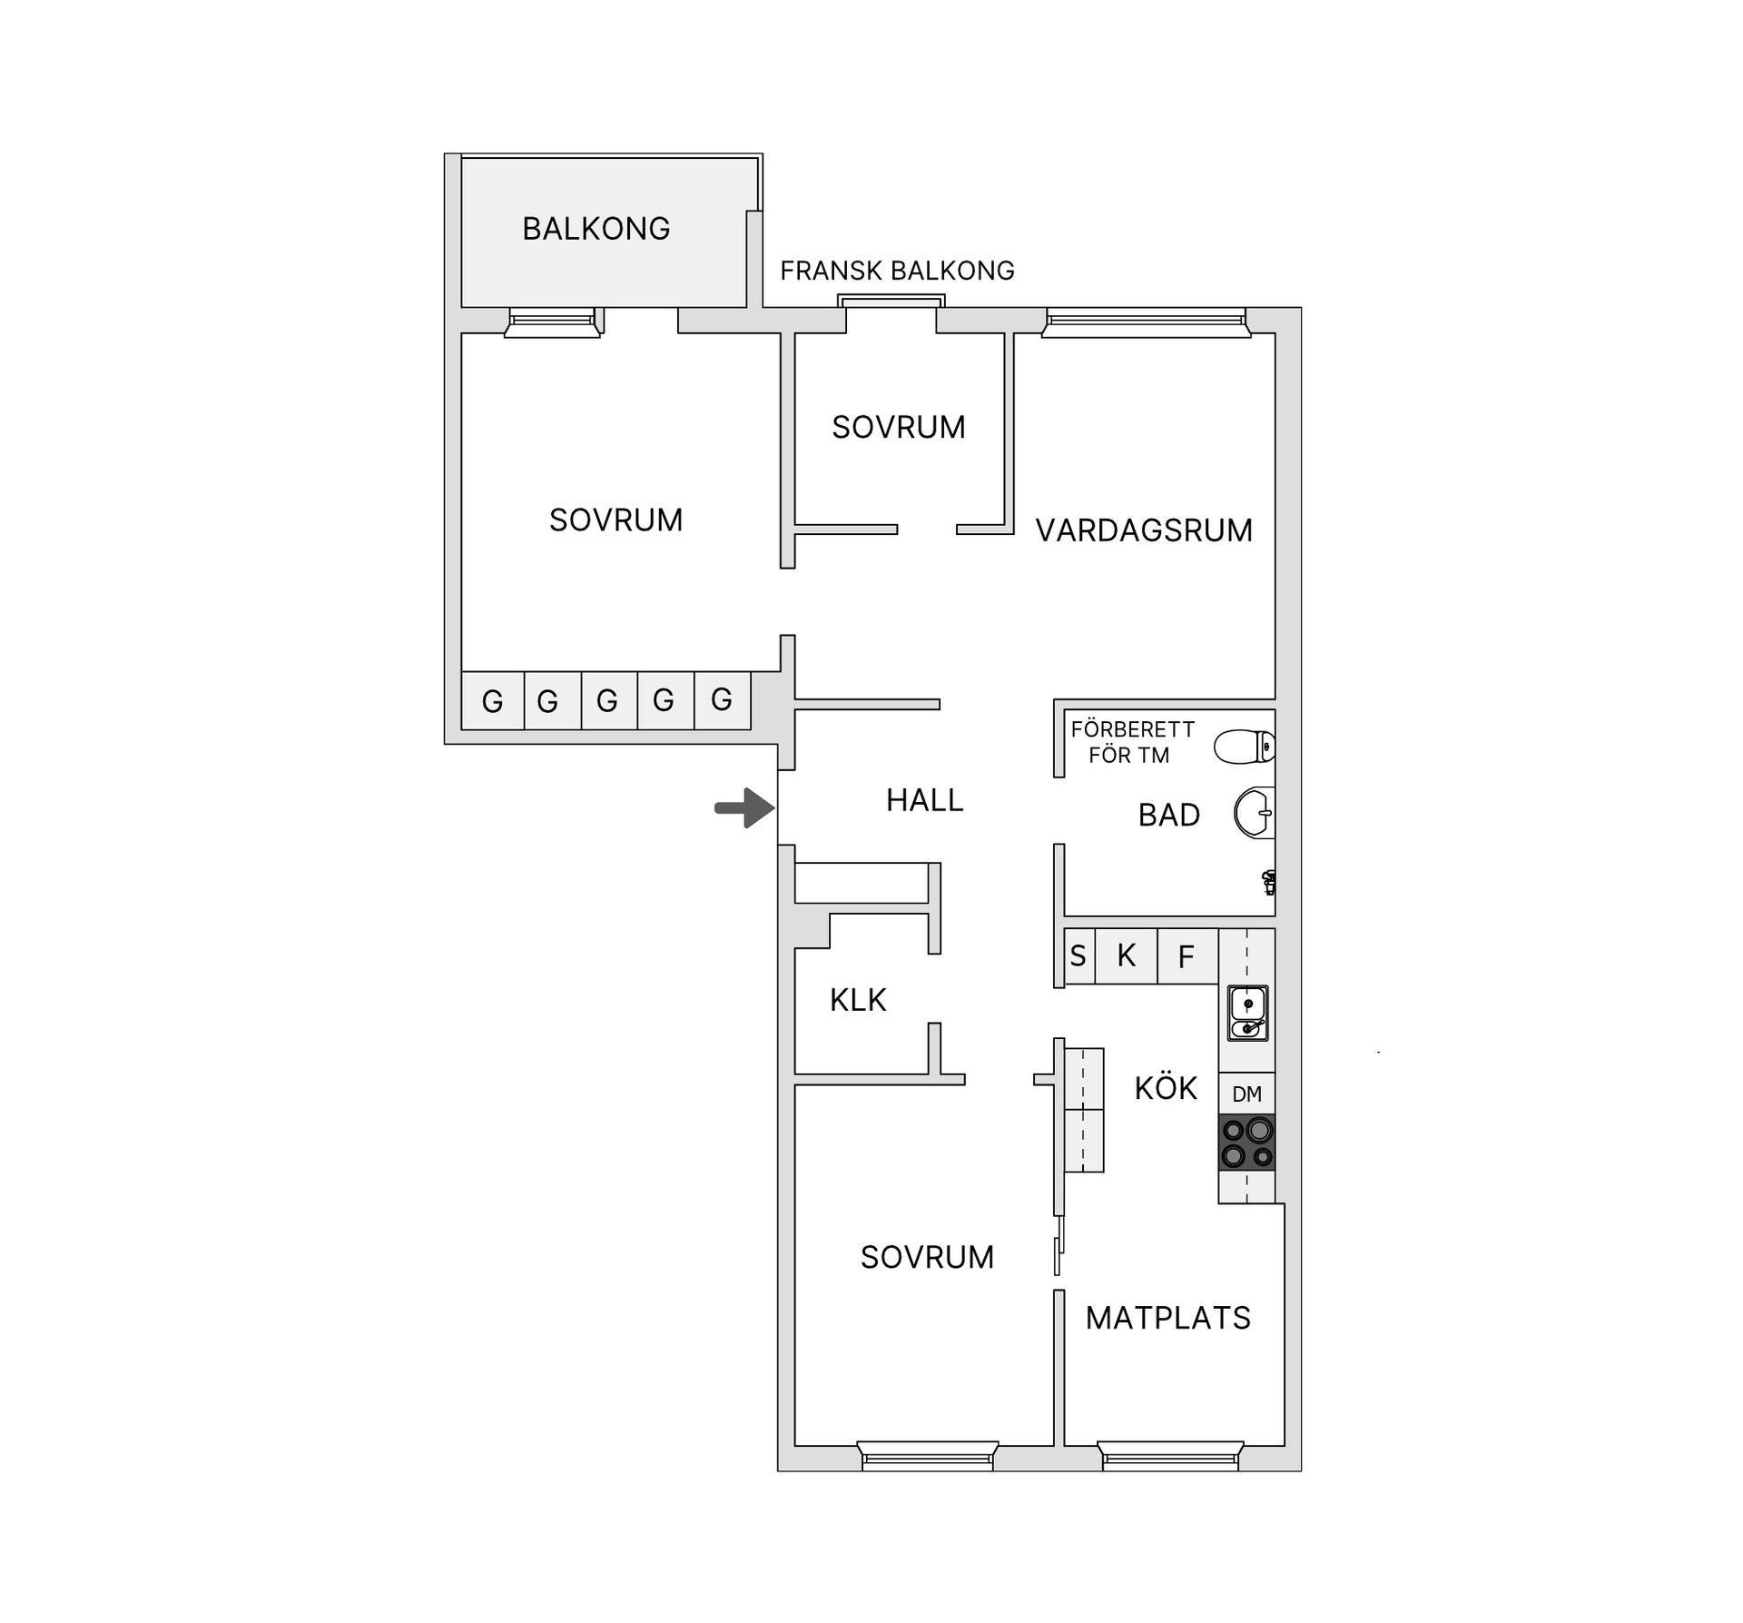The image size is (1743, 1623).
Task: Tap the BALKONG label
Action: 596,229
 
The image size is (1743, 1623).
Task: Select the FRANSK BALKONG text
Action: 897,271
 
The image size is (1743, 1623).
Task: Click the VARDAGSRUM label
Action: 1144,530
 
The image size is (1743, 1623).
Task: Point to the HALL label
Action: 924,800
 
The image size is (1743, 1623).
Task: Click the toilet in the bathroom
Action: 1245,747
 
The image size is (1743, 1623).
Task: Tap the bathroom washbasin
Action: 1255,812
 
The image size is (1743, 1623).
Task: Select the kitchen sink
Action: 1247,1013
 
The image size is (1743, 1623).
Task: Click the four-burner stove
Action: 1246,1142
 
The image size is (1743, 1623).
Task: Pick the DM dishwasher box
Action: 1246,1094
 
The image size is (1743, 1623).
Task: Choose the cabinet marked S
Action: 1078,955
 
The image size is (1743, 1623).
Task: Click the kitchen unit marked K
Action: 1127,955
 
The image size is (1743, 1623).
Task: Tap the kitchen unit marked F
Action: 1186,955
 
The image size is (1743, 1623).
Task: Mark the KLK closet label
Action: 857,1000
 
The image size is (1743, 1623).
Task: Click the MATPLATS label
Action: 1167,1318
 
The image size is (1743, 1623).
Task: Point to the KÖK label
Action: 1166,1088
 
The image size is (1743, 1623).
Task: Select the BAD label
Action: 1168,816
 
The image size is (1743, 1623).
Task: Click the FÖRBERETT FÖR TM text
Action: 1131,742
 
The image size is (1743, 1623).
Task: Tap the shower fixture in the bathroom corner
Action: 1269,880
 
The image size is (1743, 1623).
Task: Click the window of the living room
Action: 1146,320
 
